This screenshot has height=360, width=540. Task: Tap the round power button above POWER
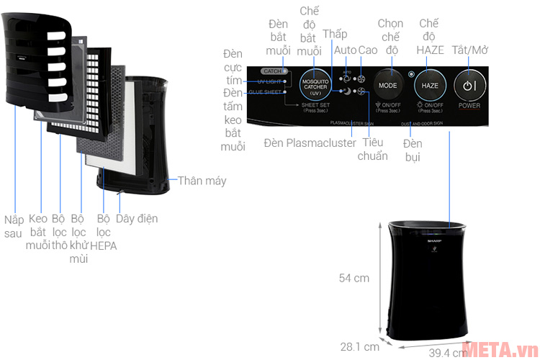click(x=469, y=84)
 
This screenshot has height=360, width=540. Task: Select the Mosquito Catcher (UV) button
click(x=314, y=85)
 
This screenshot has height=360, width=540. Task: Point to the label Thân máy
click(x=202, y=180)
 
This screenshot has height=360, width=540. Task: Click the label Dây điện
click(x=137, y=218)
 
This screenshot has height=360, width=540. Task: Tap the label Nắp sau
click(x=13, y=226)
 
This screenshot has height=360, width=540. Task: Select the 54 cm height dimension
click(x=354, y=278)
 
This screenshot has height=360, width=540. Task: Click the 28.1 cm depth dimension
click(x=359, y=346)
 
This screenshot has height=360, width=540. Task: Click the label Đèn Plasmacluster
click(x=310, y=143)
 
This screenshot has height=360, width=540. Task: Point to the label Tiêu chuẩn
click(x=372, y=149)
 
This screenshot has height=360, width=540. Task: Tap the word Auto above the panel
click(x=345, y=50)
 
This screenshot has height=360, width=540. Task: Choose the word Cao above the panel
click(x=368, y=50)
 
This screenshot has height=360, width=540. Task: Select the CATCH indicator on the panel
click(x=272, y=71)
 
